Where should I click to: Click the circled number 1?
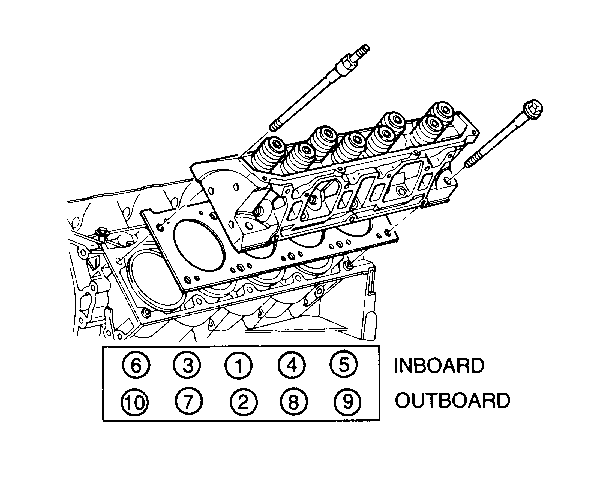tap(239, 366)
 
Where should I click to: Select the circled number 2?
tap(244, 401)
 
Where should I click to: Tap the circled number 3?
tap(187, 365)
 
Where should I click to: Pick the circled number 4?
tap(291, 365)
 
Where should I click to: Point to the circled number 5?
tap(344, 364)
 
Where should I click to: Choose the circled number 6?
tap(136, 365)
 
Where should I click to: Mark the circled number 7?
tap(189, 401)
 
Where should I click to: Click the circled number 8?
tap(294, 401)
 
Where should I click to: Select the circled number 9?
tap(348, 401)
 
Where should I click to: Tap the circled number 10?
tap(135, 402)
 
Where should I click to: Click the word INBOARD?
tap(439, 366)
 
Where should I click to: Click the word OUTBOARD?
tap(452, 400)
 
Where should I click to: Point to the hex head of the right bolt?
tap(532, 108)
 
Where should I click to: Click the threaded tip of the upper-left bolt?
tap(363, 50)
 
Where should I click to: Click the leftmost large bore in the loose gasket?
tap(199, 245)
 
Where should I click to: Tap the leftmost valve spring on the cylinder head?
tap(270, 153)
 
